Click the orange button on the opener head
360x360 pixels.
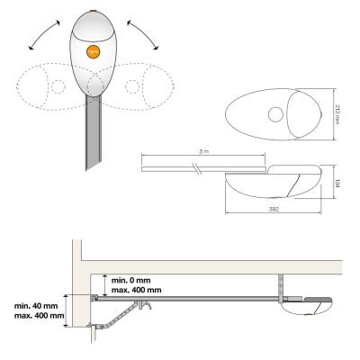[x=94, y=52]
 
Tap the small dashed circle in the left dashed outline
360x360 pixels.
[x=58, y=87]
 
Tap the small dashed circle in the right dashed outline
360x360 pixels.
[x=132, y=86]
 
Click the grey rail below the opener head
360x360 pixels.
[x=94, y=132]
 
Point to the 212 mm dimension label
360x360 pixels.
[x=337, y=114]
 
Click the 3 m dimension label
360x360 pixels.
[x=203, y=151]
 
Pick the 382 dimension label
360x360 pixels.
[x=273, y=210]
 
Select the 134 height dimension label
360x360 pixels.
[x=337, y=183]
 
